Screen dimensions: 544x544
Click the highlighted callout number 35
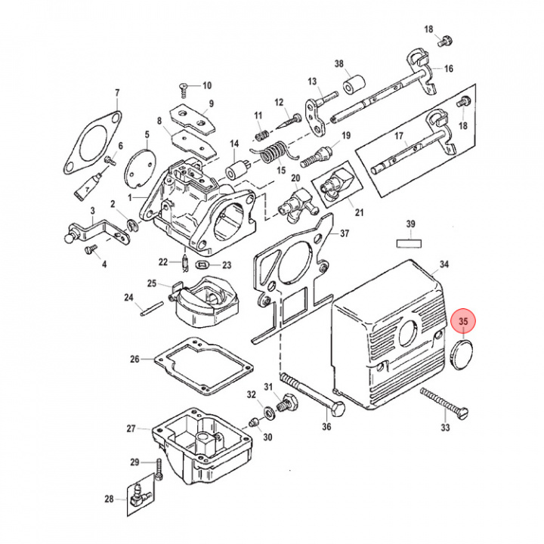[464, 322]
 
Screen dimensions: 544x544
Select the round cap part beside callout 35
[462, 354]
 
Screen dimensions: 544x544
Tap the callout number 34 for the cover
[444, 264]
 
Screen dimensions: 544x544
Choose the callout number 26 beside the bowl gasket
[134, 359]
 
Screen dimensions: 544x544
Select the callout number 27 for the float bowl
[131, 428]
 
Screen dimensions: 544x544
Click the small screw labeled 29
[159, 470]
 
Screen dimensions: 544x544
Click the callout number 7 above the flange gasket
[117, 94]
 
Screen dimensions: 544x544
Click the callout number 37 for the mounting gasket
[345, 233]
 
